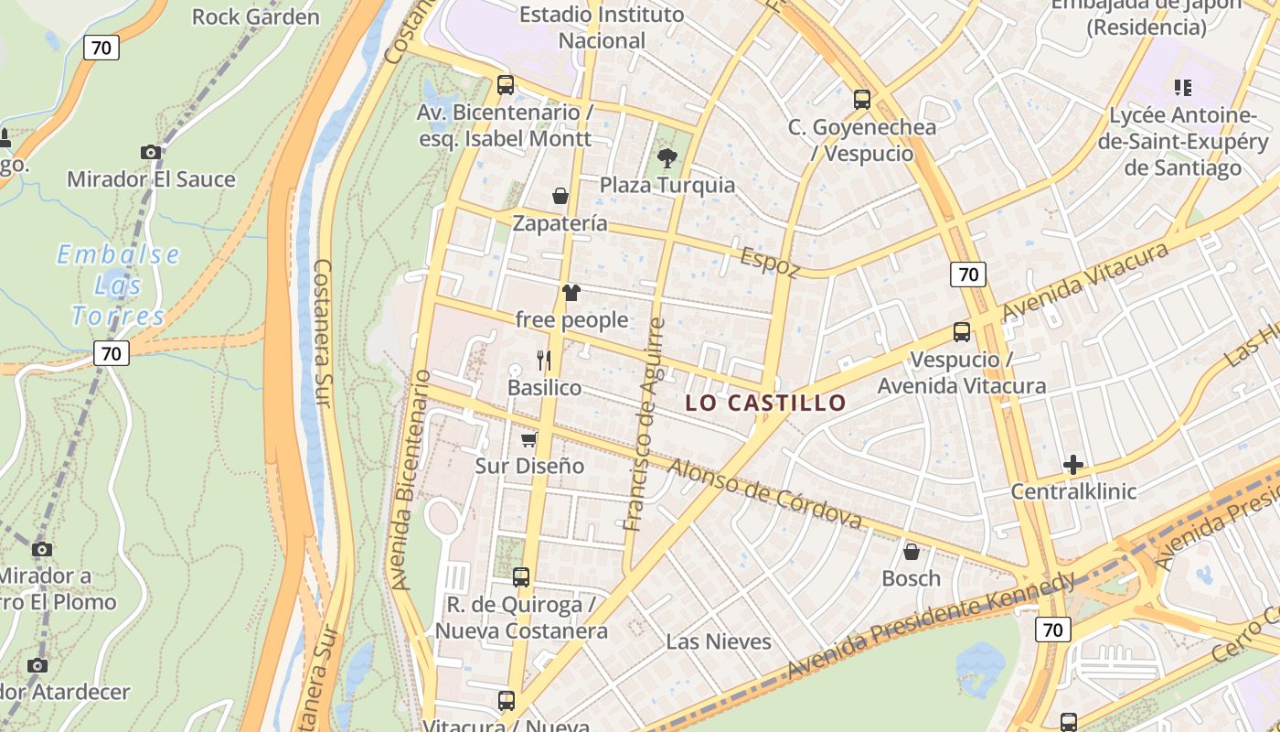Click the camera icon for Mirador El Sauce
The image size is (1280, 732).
coord(151,152)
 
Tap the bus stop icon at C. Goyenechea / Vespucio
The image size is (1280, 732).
coord(861,100)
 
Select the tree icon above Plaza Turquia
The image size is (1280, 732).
coord(667,158)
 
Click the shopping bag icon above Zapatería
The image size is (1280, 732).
coord(560,196)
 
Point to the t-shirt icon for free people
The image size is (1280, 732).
coord(571,293)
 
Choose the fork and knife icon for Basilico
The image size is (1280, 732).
coord(544,360)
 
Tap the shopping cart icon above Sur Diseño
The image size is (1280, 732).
coord(528,439)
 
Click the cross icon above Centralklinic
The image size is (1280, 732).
coord(1073,465)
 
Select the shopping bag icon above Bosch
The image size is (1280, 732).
coord(911,551)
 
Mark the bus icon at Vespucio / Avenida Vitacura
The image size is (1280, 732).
coord(961,332)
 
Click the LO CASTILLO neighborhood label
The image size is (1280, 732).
coord(766,403)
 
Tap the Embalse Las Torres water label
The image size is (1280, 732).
coord(119,285)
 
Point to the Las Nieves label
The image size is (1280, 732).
coord(719,641)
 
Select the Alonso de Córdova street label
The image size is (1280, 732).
coord(764,493)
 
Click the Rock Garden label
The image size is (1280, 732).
coord(256,16)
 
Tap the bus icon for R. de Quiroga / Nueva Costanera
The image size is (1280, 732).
coord(520,577)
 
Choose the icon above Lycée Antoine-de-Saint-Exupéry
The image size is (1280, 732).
coord(1183,88)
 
